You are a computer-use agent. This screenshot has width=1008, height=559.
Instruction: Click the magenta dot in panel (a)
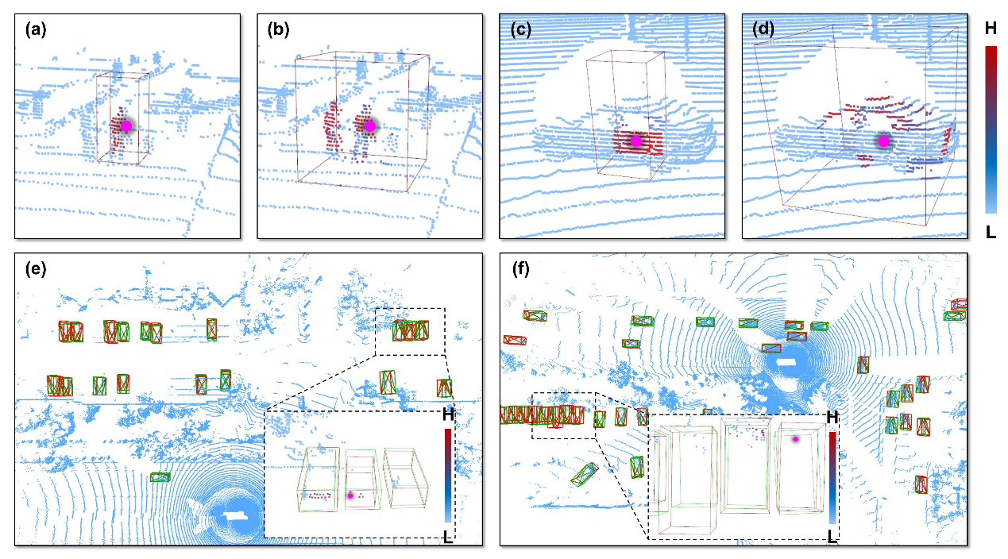tap(125, 126)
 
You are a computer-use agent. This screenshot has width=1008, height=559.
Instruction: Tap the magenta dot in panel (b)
tap(369, 125)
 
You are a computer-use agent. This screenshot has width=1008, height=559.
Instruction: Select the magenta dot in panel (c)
tap(635, 141)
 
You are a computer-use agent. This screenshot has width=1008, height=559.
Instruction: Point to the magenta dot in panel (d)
tap(883, 141)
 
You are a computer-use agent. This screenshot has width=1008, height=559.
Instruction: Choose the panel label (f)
tap(520, 268)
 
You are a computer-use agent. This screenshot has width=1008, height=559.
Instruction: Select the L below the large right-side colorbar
tap(990, 231)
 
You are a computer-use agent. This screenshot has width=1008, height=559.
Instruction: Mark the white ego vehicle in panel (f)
tap(787, 362)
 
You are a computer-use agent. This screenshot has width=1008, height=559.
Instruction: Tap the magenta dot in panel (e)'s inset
tap(350, 495)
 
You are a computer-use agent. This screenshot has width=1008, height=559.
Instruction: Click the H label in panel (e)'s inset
tap(448, 414)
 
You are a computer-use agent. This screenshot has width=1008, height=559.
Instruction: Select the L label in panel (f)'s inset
tap(832, 536)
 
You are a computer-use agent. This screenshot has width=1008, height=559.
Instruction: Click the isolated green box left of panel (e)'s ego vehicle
tap(160, 477)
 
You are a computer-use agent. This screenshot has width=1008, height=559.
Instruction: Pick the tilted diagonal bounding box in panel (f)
tap(585, 474)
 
